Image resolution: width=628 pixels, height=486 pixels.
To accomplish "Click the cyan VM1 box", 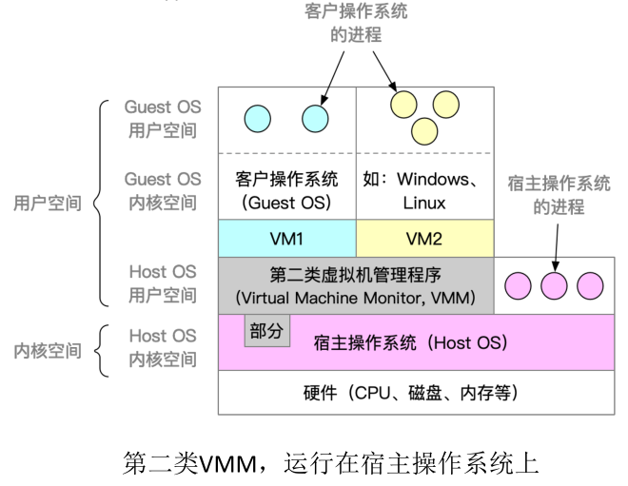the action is coord(287,238).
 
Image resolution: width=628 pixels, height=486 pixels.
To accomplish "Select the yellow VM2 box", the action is coord(425,238).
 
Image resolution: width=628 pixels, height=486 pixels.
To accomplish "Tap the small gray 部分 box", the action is coord(267,331).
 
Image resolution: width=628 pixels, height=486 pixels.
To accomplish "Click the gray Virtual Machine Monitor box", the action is coord(356,285).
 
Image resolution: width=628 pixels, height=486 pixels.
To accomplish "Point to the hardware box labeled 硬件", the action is coord(416,393).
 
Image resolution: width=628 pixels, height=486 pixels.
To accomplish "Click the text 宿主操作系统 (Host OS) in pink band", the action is coord(410,343).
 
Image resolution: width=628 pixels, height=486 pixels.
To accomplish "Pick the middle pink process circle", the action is coord(554,286).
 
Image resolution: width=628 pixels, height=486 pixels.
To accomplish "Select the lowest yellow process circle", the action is coord(424,131).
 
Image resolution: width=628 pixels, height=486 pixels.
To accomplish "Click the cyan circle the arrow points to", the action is coord(315,119).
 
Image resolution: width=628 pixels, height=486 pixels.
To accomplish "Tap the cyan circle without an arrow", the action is coord(258,119).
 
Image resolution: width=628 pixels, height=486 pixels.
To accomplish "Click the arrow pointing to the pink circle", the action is coord(557,247).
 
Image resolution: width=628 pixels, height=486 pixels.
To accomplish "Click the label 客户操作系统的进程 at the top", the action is coord(356,23).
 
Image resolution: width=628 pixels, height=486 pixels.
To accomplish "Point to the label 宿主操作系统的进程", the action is coord(559,195).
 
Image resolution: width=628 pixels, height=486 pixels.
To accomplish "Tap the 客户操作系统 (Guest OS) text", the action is coord(286,191).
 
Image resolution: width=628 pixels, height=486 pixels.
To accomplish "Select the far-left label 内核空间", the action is coord(48,351).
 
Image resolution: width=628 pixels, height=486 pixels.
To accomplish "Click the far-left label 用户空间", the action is coord(48,203).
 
